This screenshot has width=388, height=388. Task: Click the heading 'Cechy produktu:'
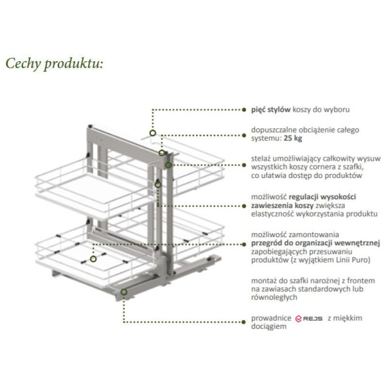click(x=54, y=64)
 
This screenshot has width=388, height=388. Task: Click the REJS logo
click(x=309, y=318)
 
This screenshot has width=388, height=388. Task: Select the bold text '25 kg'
click(x=293, y=138)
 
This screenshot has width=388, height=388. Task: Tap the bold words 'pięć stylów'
click(x=270, y=110)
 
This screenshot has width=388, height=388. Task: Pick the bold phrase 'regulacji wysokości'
click(x=322, y=197)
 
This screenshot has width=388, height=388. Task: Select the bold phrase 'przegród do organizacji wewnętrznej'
click(x=316, y=243)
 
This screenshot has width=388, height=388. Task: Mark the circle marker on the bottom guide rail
click(x=124, y=292)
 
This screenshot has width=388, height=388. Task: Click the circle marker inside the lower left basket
click(x=93, y=259)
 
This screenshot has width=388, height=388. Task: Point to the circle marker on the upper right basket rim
click(x=153, y=133)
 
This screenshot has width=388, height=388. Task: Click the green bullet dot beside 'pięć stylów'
click(x=244, y=110)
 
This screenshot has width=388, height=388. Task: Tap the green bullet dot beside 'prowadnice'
click(x=244, y=322)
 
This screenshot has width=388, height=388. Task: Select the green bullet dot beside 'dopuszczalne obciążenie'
click(x=244, y=136)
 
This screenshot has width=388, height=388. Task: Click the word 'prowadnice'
click(x=271, y=318)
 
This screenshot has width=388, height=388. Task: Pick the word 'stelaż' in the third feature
click(x=260, y=158)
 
